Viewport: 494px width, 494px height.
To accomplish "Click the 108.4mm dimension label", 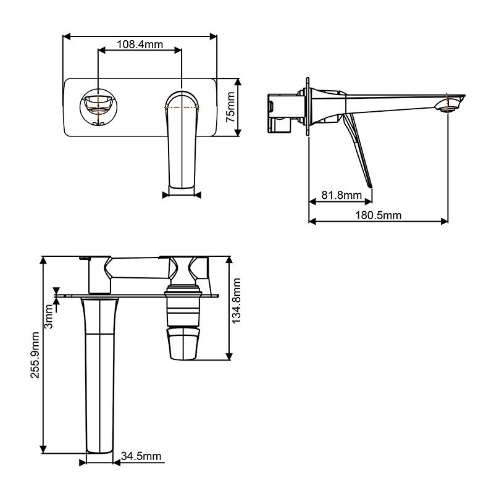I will pos(140,44).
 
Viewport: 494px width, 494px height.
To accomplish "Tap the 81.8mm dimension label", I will pos(341,195).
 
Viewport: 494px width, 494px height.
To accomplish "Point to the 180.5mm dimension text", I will pos(379,215).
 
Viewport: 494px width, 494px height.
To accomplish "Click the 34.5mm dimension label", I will pos(141,456).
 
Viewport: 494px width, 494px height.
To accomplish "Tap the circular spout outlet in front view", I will pos(99,107).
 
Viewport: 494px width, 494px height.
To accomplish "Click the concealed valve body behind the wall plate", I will pos(285,111).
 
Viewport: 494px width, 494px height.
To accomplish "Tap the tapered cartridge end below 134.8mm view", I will pos(183,343).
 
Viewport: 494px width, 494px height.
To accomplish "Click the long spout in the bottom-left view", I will pos(99,377).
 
